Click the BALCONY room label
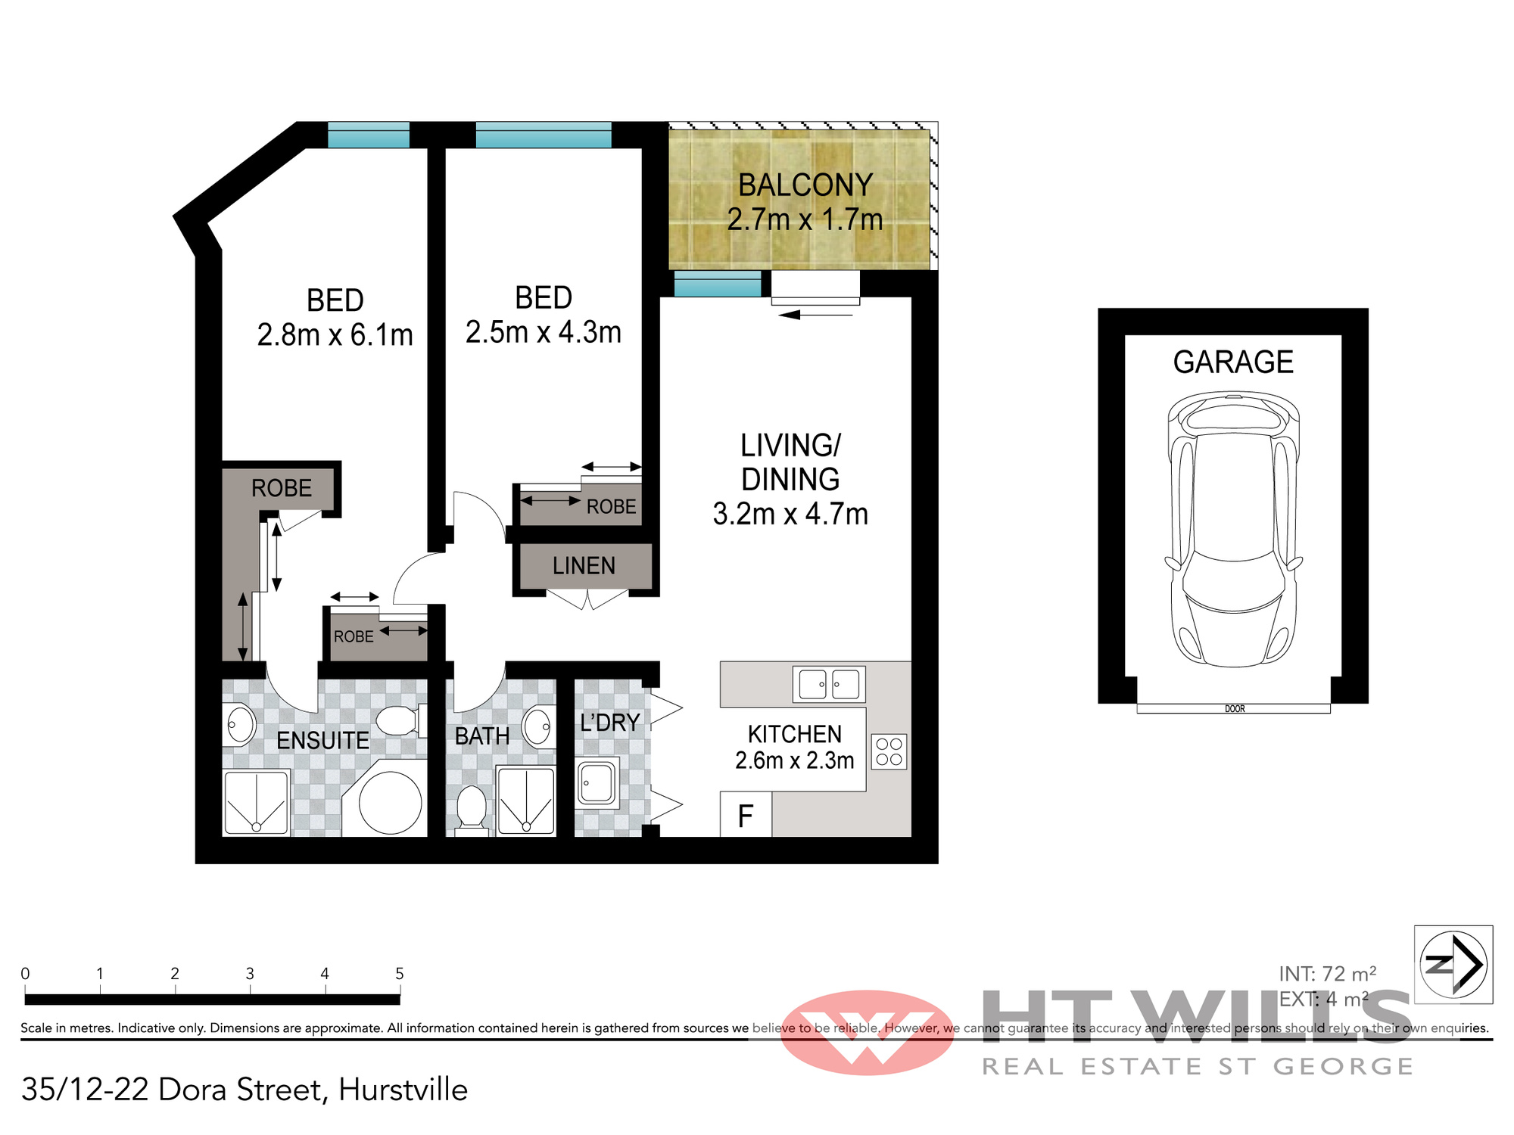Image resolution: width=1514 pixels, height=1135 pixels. (805, 185)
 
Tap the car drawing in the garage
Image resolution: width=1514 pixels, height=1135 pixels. (1234, 530)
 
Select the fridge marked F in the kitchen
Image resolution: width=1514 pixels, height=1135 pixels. (746, 815)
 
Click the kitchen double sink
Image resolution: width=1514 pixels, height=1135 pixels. (829, 685)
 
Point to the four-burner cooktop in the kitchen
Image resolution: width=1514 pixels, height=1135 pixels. (889, 751)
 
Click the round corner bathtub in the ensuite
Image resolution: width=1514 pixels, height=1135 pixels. (390, 802)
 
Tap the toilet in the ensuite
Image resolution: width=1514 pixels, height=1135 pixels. (401, 720)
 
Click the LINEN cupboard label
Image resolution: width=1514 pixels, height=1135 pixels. (584, 566)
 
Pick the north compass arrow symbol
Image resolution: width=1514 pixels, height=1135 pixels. (1453, 964)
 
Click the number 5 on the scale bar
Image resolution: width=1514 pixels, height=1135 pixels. (400, 974)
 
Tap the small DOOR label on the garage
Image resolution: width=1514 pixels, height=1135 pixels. (1235, 709)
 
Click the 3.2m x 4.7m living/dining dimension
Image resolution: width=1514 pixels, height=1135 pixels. (790, 515)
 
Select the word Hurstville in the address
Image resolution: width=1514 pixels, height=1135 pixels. (403, 1090)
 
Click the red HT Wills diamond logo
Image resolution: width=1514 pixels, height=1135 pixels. (868, 1033)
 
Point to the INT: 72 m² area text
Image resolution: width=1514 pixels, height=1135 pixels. (1328, 974)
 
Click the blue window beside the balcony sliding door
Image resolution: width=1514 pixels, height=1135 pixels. (718, 284)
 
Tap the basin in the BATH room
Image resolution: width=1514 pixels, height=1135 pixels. (539, 726)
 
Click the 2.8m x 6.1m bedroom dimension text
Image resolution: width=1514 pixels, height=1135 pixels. (335, 334)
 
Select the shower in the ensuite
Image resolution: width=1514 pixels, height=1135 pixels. (257, 803)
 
